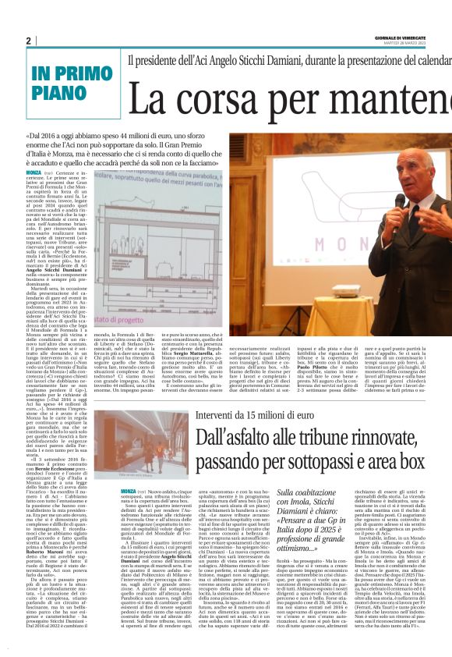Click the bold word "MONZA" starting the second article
pyautogui.click(x=128, y=470)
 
